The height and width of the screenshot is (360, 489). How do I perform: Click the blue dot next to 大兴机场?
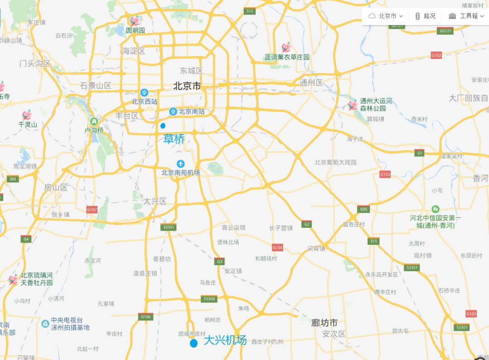(194, 343)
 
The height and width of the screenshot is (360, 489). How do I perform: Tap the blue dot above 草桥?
(163, 125)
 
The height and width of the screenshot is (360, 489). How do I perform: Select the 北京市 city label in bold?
(187, 86)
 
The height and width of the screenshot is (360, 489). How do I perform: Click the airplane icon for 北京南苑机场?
(181, 163)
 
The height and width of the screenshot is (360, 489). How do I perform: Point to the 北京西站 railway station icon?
(144, 92)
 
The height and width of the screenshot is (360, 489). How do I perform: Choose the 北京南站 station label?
(191, 111)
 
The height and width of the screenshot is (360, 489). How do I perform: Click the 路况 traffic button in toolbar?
(425, 16)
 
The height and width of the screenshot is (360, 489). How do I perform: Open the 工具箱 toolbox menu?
(466, 16)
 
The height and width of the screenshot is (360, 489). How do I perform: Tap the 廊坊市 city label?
(324, 323)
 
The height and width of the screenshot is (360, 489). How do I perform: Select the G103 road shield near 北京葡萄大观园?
(385, 174)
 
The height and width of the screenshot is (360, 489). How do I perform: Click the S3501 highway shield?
(168, 227)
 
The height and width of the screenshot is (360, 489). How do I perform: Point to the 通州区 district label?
(311, 82)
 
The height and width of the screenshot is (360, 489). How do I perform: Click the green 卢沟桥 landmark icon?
(94, 121)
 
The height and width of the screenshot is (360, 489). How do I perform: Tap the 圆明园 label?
(135, 30)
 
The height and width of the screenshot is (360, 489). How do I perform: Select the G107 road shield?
(92, 210)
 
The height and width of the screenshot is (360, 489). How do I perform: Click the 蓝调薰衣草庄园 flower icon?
(286, 47)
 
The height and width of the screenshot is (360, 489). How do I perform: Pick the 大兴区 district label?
(155, 201)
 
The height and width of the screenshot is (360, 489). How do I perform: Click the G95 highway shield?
(363, 209)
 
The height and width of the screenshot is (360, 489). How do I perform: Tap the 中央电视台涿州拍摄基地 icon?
(45, 323)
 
